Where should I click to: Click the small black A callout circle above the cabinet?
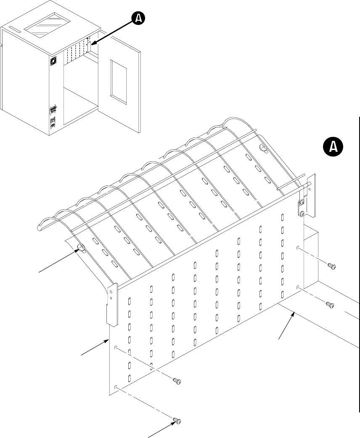pos(138,18)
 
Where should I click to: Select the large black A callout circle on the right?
pos(333,146)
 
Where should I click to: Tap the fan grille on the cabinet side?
pos(53,61)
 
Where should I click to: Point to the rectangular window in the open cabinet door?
pos(119,82)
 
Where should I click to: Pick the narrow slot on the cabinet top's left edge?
pos(14,29)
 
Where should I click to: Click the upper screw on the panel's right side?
pos(331,266)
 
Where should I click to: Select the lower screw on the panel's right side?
pos(330,305)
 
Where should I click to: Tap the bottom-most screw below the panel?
pos(177,420)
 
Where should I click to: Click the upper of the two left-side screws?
pos(177,381)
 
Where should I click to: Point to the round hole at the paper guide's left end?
pos(81,248)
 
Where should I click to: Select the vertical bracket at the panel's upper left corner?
pos(112,305)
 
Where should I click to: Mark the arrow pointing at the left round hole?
pos(59,261)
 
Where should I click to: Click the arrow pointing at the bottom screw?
pos(160,429)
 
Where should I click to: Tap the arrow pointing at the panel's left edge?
pos(95,347)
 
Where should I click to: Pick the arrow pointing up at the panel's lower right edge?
pos(286,326)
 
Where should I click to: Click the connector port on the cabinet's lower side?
pos(53,110)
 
